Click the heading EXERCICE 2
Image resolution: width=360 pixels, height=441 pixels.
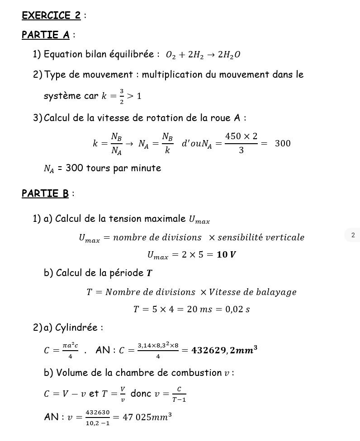tap(51, 15)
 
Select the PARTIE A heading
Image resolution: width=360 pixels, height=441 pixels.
tap(46, 35)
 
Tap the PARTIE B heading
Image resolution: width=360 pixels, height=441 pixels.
tap(45, 193)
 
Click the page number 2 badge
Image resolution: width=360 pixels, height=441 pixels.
tap(353, 235)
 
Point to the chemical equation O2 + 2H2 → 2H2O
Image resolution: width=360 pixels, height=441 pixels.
tap(203, 55)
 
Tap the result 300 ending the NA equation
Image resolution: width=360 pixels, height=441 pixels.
tap(283, 144)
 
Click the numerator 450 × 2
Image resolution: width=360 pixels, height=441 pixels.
tap(241, 136)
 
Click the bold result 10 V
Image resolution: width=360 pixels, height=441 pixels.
tap(226, 255)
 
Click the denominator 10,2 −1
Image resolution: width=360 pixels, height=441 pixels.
tap(98, 423)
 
